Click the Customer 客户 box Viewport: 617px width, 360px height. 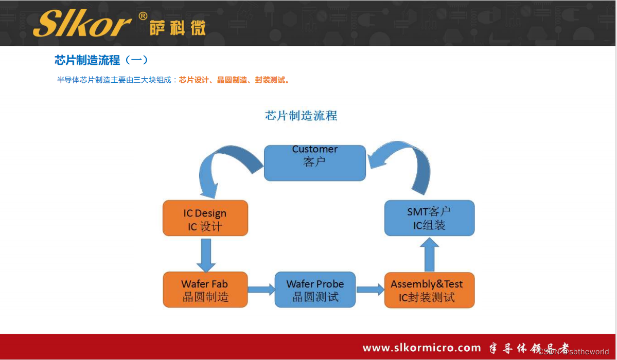pyautogui.click(x=315, y=163)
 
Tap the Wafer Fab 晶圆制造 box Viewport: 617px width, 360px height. pyautogui.click(x=205, y=290)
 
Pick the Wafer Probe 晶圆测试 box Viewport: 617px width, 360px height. pyautogui.click(x=315, y=290)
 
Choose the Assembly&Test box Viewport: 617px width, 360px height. pyautogui.click(x=429, y=290)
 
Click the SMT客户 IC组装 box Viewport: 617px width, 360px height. pyautogui.click(x=429, y=218)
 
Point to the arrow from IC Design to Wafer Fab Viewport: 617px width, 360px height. pyautogui.click(x=206, y=255)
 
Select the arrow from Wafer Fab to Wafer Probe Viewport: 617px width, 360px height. pyautogui.click(x=261, y=290)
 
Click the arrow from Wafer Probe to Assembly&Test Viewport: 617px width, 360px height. pyautogui.click(x=370, y=290)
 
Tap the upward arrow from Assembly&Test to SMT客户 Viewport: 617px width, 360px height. pyautogui.click(x=429, y=255)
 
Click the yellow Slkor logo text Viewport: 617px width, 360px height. pyautogui.click(x=82, y=24)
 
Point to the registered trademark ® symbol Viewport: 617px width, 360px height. pyautogui.click(x=143, y=16)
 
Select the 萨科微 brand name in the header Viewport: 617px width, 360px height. pyautogui.click(x=178, y=28)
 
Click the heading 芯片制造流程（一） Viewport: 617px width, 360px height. pyautogui.click(x=101, y=60)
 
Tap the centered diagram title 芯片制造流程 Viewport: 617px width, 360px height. pyautogui.click(x=301, y=115)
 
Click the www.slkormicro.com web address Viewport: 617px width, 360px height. pyautogui.click(x=421, y=348)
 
